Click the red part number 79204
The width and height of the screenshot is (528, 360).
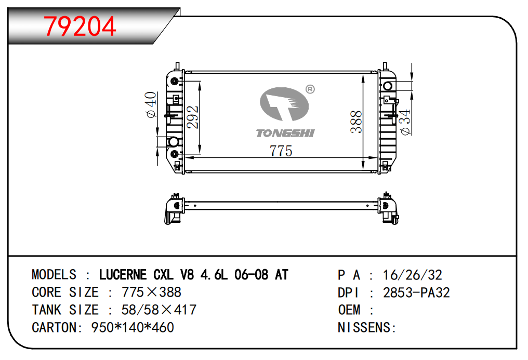pyautogui.click(x=80, y=26)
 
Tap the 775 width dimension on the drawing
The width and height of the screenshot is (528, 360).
pyautogui.click(x=281, y=151)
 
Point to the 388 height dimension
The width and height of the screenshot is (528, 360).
pyautogui.click(x=356, y=122)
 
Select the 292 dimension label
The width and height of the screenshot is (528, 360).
pyautogui.click(x=193, y=117)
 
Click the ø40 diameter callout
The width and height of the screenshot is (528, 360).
pyautogui.click(x=151, y=104)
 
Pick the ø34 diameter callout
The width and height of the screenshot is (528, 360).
pyautogui.click(x=405, y=122)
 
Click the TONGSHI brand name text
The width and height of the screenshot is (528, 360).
pyautogui.click(x=285, y=133)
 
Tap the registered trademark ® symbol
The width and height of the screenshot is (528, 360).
pyautogui.click(x=310, y=89)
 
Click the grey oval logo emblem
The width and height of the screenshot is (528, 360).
pyautogui.click(x=284, y=103)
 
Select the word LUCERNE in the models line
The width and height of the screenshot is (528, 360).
pyautogui.click(x=123, y=275)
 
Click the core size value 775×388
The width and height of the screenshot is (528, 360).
pyautogui.click(x=152, y=292)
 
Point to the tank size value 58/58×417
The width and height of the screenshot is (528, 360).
pyautogui.click(x=159, y=310)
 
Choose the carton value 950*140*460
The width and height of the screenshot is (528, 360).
pyautogui.click(x=133, y=327)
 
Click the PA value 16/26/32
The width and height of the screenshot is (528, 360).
pyautogui.click(x=413, y=275)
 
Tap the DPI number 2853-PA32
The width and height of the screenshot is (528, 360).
pyautogui.click(x=417, y=292)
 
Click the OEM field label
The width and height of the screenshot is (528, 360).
pyautogui.click(x=349, y=310)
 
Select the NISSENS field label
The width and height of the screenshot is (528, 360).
pyautogui.click(x=364, y=327)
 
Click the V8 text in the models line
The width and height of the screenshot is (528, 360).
pyautogui.click(x=187, y=275)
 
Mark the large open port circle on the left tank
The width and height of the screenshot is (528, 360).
pyautogui.click(x=174, y=142)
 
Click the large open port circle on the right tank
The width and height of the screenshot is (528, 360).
pyautogui.click(x=388, y=86)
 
